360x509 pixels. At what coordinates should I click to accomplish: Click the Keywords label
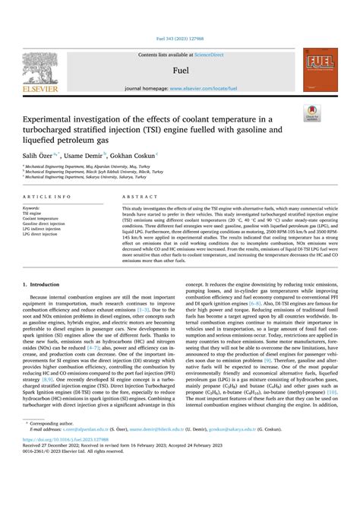[x=32, y=207]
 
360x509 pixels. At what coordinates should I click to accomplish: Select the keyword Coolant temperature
[x=43, y=219]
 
